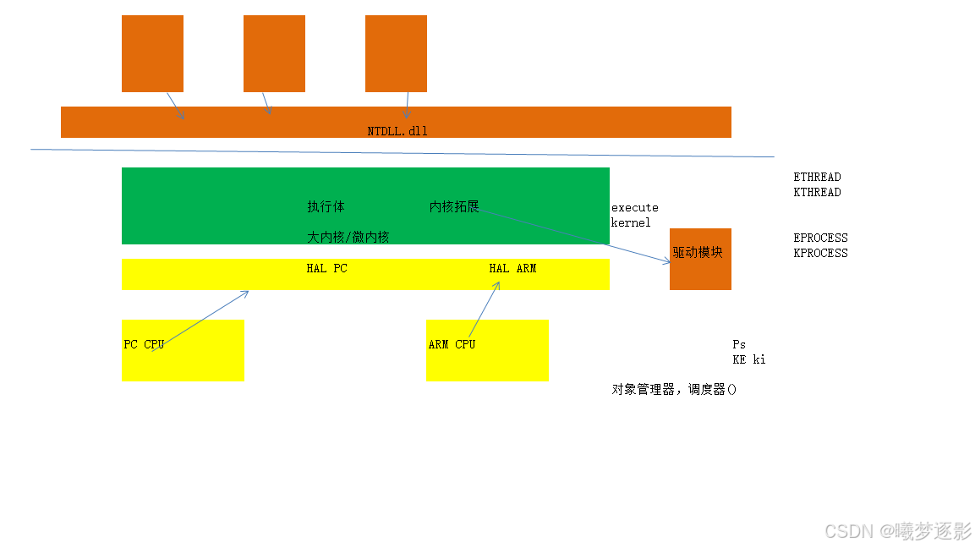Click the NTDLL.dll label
[x=397, y=131]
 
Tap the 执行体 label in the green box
[x=326, y=207]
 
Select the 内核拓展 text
[x=454, y=207]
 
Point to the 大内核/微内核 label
[x=348, y=238]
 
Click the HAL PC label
[x=326, y=268]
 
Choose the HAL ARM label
[x=512, y=268]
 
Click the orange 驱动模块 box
[x=700, y=259]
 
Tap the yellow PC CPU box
[x=183, y=350]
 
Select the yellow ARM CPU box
[x=487, y=350]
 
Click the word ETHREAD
[x=817, y=177]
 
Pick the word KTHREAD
[x=817, y=192]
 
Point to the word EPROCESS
[x=820, y=238]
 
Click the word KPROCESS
[x=820, y=253]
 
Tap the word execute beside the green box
[x=634, y=207]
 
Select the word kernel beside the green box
[x=631, y=222]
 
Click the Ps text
[x=739, y=344]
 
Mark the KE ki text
[x=748, y=359]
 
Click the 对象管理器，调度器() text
[x=674, y=390]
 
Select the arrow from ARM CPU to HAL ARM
[x=485, y=310]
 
